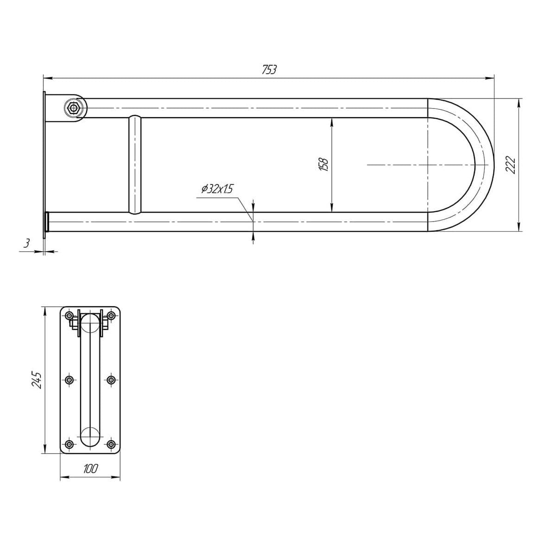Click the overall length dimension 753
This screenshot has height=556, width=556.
[x=269, y=69]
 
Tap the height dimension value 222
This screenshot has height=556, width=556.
[x=511, y=165]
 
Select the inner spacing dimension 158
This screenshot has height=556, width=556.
[x=324, y=165]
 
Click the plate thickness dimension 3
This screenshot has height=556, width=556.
[x=26, y=243]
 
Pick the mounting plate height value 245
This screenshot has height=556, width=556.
[x=37, y=380]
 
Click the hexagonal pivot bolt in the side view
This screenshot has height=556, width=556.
[x=74, y=108]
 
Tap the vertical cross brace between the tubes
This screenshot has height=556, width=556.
[x=135, y=165]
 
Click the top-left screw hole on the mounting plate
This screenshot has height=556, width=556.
[x=69, y=316]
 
